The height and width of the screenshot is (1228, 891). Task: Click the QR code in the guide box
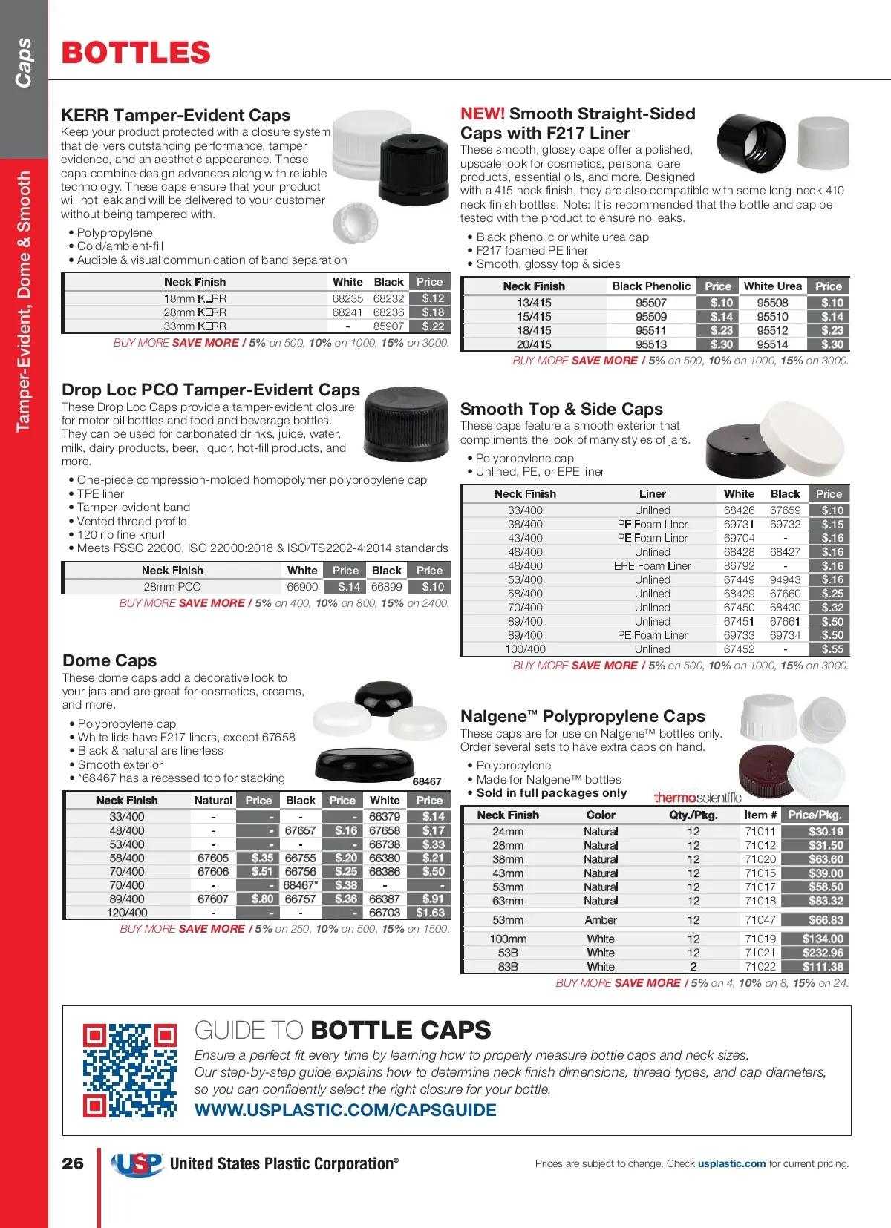coord(130,1070)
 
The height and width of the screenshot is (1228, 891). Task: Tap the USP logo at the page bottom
coord(137,1163)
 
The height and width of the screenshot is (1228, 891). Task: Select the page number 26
coord(73,1163)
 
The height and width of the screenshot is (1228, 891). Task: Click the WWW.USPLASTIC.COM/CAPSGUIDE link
coord(345,1110)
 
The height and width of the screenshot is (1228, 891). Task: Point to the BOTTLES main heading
coord(136,53)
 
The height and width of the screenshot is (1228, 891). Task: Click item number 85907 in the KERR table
coord(388,326)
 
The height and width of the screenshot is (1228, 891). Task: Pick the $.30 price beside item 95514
coord(832,344)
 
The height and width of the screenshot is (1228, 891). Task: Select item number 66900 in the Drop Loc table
coord(302,586)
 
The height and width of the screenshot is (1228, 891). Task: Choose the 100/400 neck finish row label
coord(525,649)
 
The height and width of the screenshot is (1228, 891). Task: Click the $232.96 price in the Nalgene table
coord(823,953)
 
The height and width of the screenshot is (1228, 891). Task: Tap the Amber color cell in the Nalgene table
coord(601,920)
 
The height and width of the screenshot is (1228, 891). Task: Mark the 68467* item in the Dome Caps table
coord(300,885)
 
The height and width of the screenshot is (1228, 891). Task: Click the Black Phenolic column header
coord(651,286)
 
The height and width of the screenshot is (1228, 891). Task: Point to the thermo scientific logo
coord(697,798)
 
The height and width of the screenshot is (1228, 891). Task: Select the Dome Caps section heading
coord(109,660)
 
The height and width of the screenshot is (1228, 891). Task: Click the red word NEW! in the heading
coord(483,114)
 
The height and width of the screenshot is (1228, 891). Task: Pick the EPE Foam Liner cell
coord(652,566)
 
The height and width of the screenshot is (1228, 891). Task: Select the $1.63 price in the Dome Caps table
coord(431,913)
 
